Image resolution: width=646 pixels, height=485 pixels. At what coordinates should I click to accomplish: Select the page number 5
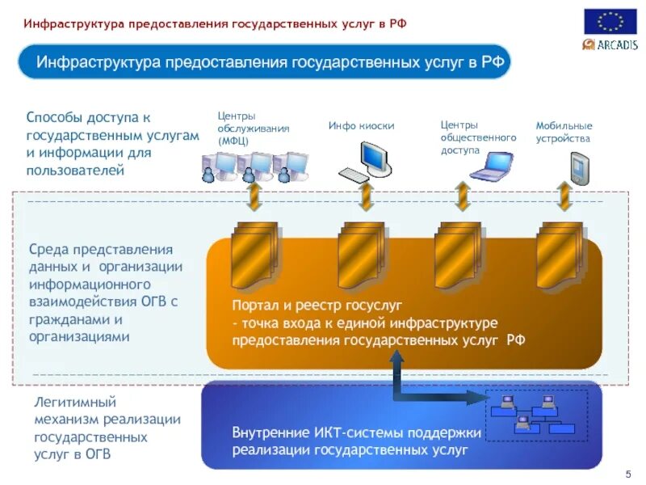pos(628,473)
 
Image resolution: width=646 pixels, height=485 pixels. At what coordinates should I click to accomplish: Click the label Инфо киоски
pos(361,126)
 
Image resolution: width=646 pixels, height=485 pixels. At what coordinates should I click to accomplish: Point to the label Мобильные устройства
pos(564,132)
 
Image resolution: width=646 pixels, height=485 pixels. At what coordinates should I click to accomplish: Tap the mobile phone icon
pos(579,168)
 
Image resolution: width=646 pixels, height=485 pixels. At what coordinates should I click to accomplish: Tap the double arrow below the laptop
pos(462,196)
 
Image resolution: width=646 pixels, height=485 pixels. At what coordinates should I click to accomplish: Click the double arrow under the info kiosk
pos(366,196)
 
